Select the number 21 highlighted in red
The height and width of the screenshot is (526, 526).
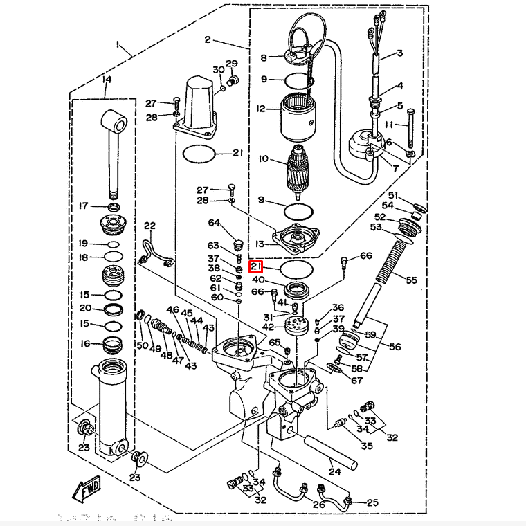click(x=256, y=266)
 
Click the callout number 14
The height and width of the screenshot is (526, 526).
click(x=106, y=80)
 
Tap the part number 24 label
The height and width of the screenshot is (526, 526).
click(x=335, y=473)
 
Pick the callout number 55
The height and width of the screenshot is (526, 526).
click(x=411, y=280)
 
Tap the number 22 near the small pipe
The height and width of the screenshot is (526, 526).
click(x=149, y=226)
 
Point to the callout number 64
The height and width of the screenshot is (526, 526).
click(x=214, y=223)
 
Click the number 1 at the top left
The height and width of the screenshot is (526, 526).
click(x=118, y=46)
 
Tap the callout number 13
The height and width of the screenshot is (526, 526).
click(x=260, y=244)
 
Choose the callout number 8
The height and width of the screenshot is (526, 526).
click(x=263, y=57)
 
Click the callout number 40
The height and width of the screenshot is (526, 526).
click(x=257, y=280)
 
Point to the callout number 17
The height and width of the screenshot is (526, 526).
click(x=83, y=206)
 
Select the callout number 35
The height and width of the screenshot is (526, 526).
click(x=367, y=446)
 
